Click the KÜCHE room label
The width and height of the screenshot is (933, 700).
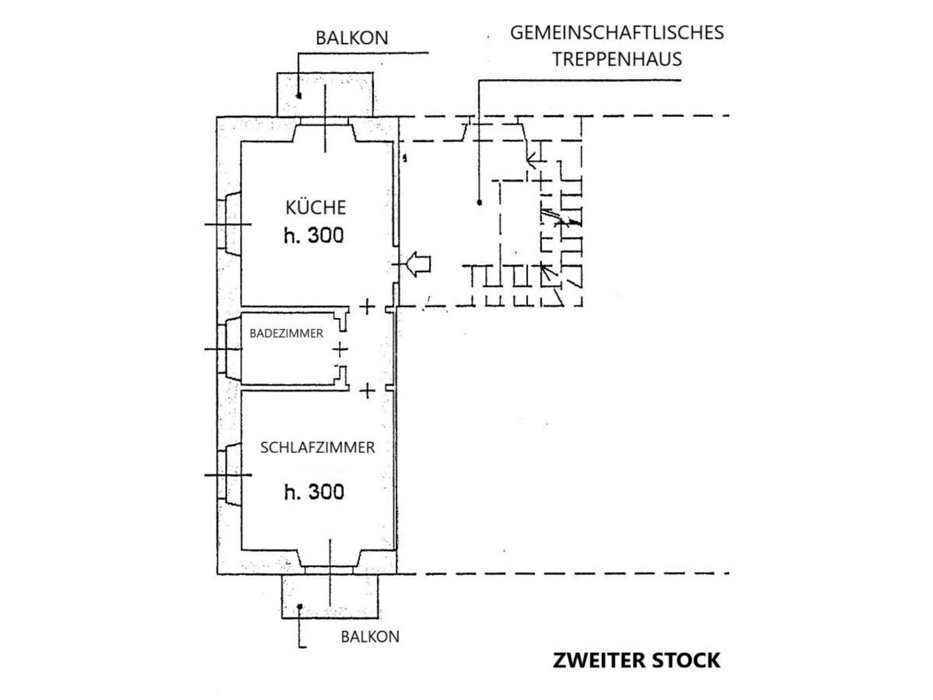point(315,207)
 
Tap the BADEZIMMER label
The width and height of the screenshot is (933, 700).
point(286,333)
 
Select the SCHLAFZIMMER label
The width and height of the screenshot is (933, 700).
point(317,447)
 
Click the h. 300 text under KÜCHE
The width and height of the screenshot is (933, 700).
point(313,236)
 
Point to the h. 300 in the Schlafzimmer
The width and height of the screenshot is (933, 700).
point(314,492)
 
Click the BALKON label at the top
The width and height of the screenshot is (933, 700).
point(352,38)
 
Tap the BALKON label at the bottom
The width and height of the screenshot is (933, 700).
point(370,637)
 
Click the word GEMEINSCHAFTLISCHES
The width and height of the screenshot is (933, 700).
point(617,33)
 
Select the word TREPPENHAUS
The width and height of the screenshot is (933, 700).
point(617,59)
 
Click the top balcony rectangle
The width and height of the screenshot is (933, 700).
point(325,95)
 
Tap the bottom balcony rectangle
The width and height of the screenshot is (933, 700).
point(330,596)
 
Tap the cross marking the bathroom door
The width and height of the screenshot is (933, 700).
point(341,350)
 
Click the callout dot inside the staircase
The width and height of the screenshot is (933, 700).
point(480,202)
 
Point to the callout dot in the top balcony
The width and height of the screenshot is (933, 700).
point(299,96)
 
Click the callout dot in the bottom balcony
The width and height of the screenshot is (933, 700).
point(300,606)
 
